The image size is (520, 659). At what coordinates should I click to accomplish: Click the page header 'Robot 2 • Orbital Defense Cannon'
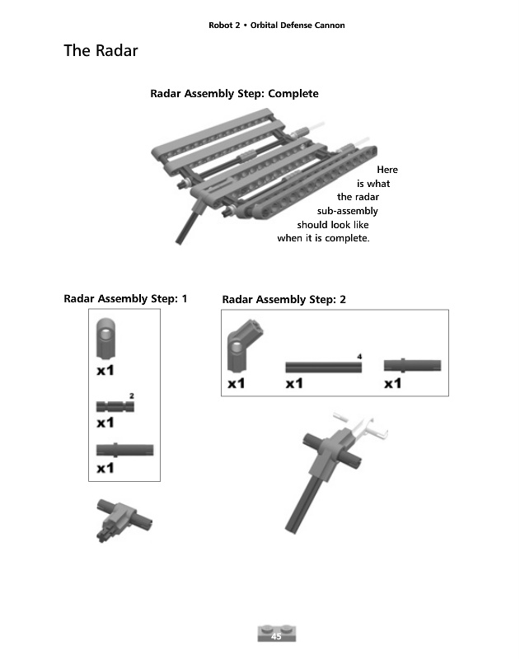[277, 26]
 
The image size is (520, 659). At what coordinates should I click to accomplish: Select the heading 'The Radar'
[101, 51]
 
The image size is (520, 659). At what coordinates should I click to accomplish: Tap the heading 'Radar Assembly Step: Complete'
[234, 94]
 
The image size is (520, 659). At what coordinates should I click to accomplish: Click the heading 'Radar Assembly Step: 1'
[125, 298]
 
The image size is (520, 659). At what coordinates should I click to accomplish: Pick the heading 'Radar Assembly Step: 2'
[284, 300]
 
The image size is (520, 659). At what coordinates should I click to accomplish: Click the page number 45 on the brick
[276, 636]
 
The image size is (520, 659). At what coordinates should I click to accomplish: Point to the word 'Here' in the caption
[386, 170]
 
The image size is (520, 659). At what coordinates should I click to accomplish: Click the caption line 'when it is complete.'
[324, 239]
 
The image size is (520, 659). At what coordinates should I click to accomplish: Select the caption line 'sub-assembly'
[348, 212]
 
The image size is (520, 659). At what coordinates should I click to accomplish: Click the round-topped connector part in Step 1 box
[107, 339]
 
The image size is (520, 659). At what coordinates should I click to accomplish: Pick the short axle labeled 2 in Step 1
[112, 405]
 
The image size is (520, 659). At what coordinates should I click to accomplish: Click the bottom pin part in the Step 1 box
[124, 450]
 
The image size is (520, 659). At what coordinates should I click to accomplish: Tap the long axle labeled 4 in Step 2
[324, 367]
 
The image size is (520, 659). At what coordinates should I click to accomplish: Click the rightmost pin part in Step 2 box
[411, 365]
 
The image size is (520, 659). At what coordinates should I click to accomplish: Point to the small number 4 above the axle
[360, 356]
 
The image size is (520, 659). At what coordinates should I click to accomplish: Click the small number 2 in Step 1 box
[131, 396]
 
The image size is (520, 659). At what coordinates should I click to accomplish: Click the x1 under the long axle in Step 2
[294, 384]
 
